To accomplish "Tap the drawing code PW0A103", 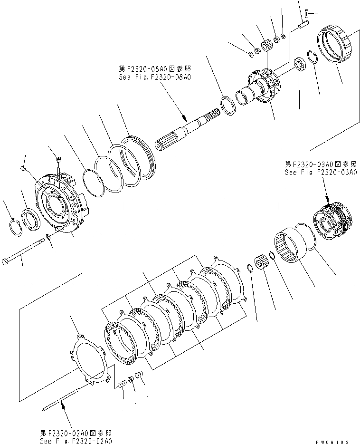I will (x=335, y=441).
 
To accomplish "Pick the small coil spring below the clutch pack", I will (x=123, y=382).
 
